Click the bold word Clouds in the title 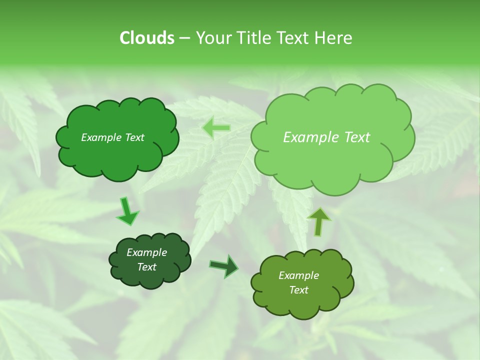tap(146, 37)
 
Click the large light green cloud tap(332, 160)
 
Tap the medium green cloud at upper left tap(117, 155)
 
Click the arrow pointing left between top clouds tap(216, 127)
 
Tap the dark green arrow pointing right tap(224, 265)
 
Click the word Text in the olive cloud tap(298, 290)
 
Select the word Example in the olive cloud tap(298, 275)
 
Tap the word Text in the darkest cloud tap(146, 267)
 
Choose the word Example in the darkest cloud tap(146, 252)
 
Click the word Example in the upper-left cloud tap(101, 137)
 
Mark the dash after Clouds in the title tap(184, 38)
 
